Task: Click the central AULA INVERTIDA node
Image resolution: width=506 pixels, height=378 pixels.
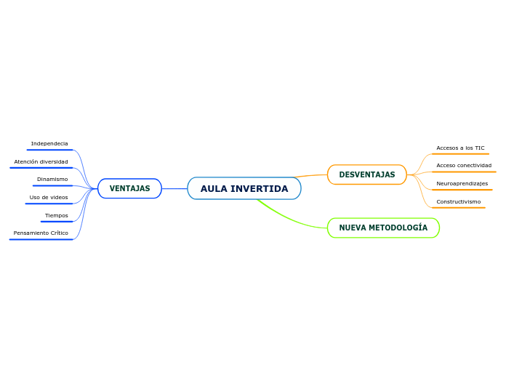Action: point(244,188)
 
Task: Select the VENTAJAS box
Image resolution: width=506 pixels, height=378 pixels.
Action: point(129,188)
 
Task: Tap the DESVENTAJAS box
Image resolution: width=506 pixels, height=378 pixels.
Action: point(366,174)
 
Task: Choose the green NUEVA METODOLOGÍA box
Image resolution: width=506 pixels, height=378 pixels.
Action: point(383,228)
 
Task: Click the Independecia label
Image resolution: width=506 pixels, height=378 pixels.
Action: point(49,144)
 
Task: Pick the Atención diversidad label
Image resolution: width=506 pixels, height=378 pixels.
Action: point(41,161)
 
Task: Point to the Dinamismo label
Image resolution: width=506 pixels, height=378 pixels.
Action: point(52,179)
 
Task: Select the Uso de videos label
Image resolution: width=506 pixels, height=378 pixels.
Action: point(49,197)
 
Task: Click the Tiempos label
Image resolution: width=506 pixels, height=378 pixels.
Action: point(57,215)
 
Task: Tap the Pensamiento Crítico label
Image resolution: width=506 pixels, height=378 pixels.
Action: point(41,233)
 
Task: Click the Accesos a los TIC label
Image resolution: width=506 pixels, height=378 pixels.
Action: point(460,148)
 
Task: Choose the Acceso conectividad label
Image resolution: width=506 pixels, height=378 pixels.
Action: point(464,165)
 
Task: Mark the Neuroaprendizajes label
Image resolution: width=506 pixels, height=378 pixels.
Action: point(462,183)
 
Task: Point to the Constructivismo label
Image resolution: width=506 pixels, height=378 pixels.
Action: point(458,201)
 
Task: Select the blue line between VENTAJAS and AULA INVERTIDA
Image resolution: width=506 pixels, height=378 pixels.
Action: point(174,188)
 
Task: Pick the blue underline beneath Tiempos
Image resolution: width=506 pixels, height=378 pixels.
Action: point(57,221)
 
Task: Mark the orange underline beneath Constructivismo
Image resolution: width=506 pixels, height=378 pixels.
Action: point(458,208)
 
